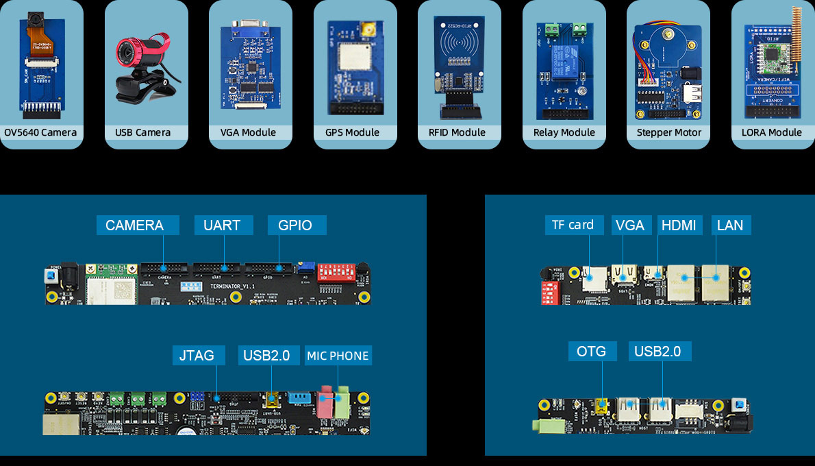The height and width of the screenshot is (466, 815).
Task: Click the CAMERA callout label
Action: [x=135, y=225]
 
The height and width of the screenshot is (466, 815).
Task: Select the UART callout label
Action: [x=222, y=225]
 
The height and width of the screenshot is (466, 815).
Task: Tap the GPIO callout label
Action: [x=295, y=225]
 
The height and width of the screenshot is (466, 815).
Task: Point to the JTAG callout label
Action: [x=197, y=355]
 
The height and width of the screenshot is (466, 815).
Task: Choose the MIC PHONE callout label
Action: [x=338, y=356]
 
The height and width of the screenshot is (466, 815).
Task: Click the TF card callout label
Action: [x=573, y=225]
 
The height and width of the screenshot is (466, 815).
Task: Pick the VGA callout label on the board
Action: [x=629, y=225]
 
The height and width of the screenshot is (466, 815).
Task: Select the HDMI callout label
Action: [x=679, y=225]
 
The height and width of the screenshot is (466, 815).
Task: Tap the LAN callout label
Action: [x=730, y=225]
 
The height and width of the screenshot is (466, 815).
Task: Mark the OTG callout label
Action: [x=592, y=352]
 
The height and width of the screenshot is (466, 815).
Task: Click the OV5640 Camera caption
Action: [x=40, y=132]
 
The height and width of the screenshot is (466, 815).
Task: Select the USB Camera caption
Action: [x=143, y=132]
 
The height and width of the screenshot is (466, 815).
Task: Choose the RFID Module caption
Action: [x=457, y=132]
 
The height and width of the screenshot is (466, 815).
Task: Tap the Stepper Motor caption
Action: [x=669, y=132]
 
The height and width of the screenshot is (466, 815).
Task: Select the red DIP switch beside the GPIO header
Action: [x=335, y=271]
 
